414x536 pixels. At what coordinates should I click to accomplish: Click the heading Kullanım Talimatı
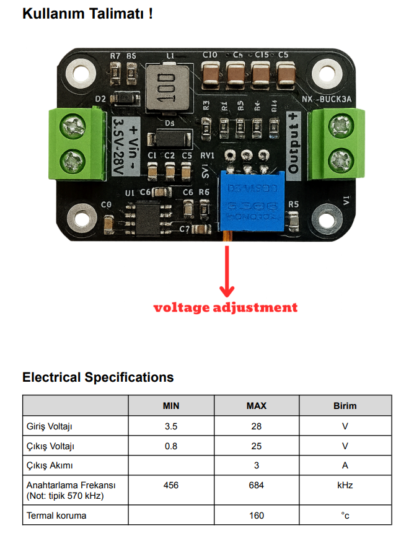87,14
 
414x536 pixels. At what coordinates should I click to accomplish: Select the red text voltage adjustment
226,307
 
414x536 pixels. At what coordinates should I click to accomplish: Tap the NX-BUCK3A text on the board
327,100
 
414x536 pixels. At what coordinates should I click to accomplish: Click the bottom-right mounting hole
327,218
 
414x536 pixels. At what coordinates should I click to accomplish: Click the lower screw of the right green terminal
339,160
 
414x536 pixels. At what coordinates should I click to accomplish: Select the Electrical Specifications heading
98,377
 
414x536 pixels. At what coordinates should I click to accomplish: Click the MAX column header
257,406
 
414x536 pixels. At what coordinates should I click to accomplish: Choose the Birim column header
345,406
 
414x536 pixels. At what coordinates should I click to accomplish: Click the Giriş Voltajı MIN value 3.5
171,426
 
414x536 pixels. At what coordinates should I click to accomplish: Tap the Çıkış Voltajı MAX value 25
257,446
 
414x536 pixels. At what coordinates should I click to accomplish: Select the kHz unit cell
345,485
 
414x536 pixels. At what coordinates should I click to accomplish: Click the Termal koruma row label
56,516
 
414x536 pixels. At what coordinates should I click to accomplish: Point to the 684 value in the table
257,485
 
